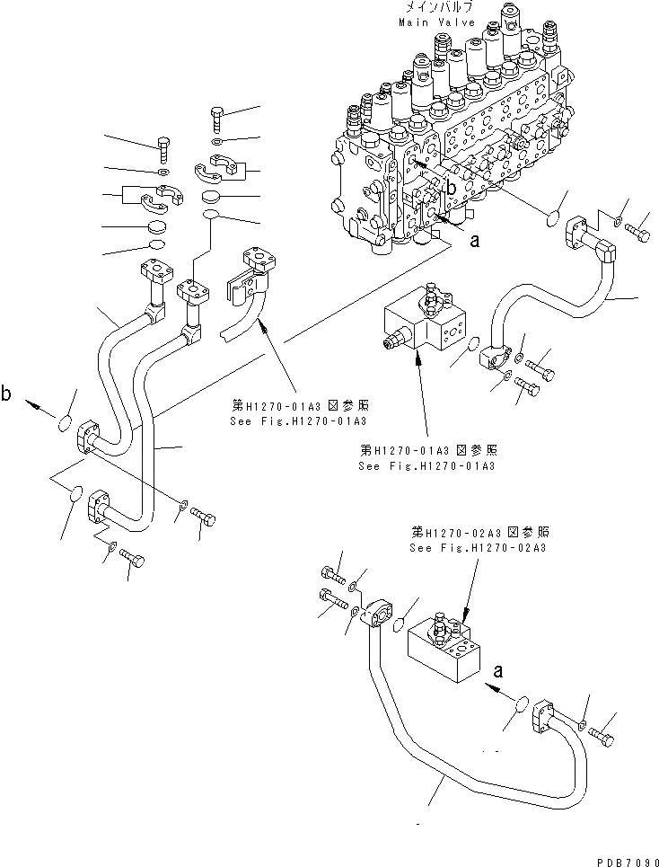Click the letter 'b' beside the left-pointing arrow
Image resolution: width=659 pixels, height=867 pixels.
click(7, 393)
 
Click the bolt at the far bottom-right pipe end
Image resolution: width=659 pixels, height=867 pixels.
click(603, 738)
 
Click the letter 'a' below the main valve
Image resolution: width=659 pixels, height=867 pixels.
click(475, 241)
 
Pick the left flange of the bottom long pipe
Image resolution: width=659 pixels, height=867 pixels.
click(375, 619)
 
